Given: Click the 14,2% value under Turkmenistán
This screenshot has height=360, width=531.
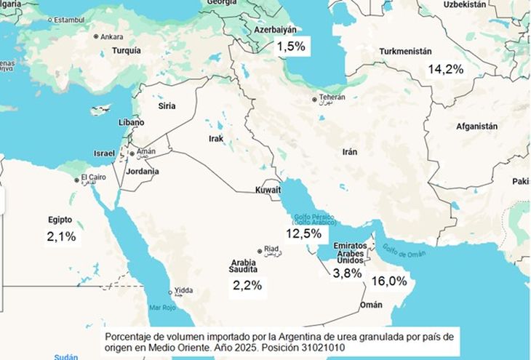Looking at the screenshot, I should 446,70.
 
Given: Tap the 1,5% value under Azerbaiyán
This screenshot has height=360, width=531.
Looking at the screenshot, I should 290,47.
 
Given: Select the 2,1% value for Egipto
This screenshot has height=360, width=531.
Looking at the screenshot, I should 61,236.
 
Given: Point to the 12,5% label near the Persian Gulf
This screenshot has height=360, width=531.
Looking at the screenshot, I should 303,233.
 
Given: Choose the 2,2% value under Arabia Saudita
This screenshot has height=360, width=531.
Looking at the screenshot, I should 247,285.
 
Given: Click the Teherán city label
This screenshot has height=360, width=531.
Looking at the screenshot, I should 331,97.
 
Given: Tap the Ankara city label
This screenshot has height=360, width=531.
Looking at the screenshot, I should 111,36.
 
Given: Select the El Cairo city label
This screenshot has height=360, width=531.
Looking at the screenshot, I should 94,177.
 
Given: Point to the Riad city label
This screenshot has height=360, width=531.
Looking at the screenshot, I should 271,248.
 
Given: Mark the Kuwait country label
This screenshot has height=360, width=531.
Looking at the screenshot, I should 267,190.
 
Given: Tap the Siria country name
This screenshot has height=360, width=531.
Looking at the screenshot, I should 167,106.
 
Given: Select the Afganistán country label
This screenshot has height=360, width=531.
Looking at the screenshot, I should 476,126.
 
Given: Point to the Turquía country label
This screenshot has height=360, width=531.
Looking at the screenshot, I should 127,51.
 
